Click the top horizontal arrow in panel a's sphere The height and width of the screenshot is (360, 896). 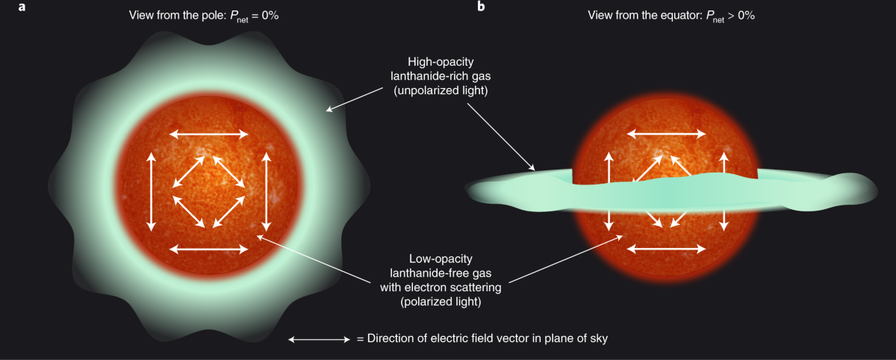click(x=208, y=134)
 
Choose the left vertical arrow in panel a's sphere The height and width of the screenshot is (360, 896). click(x=152, y=190)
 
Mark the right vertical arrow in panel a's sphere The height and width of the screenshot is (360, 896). click(x=266, y=190)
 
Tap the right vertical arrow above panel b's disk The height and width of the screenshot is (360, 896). click(x=724, y=166)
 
